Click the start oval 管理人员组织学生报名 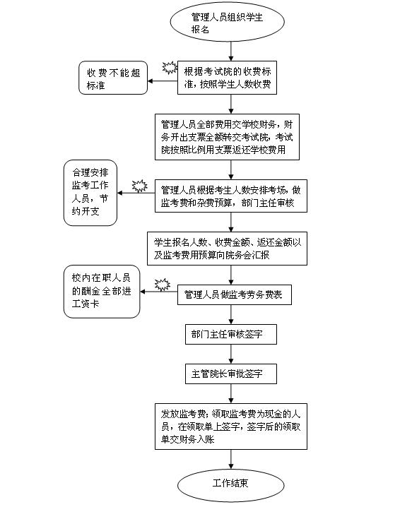coord(227,22)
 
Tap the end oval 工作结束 coord(231,485)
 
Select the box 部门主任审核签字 coord(231,334)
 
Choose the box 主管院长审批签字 coord(231,374)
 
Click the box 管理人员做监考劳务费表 coord(235,294)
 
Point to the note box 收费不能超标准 coord(113,78)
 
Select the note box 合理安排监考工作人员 coord(90,193)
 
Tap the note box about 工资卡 coord(102,291)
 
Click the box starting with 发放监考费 coord(231,426)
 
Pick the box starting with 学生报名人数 coord(227,249)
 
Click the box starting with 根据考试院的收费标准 coord(227,78)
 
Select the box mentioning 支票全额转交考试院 coord(227,137)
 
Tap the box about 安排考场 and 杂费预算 coord(231,196)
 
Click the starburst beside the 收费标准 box coord(170,68)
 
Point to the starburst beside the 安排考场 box coord(140,186)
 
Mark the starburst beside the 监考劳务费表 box coord(163,285)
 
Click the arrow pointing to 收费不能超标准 coord(163,81)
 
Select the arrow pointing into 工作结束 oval coord(231,460)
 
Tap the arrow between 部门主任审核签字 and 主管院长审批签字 coord(231,354)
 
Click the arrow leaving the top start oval coord(231,52)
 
